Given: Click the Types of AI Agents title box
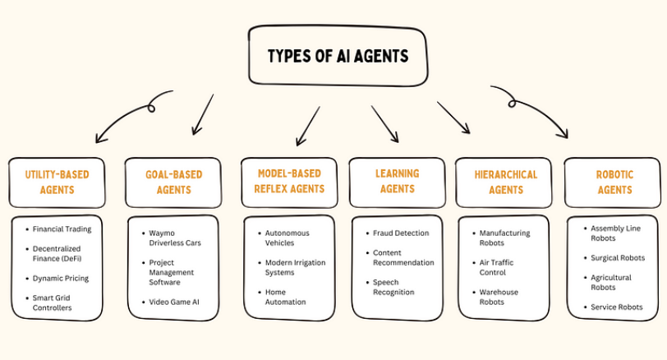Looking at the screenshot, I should pyautogui.click(x=338, y=56).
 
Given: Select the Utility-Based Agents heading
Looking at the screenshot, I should pyautogui.click(x=57, y=182).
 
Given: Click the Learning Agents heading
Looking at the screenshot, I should pyautogui.click(x=397, y=181).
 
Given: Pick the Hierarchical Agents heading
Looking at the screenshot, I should pyautogui.click(x=505, y=182).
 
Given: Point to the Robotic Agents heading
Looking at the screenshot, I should pyautogui.click(x=614, y=182).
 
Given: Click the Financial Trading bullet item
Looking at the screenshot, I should pyautogui.click(x=62, y=228).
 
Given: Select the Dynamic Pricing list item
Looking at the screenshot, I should pyautogui.click(x=61, y=278).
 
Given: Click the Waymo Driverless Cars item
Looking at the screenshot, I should pyautogui.click(x=175, y=238).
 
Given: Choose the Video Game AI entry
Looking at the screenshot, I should pyautogui.click(x=174, y=302).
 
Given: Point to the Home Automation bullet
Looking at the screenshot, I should pyautogui.click(x=286, y=297).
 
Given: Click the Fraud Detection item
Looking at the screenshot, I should pyautogui.click(x=401, y=233).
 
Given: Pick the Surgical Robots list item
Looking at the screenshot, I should pyautogui.click(x=618, y=257).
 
